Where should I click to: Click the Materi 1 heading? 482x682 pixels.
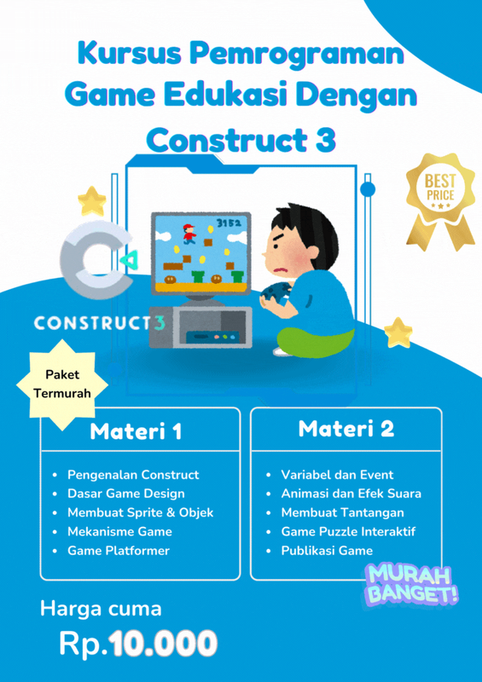136,431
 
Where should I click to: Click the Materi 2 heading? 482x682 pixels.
346,429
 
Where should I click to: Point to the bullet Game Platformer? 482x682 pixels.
119,551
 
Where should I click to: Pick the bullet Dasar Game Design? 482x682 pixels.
125,494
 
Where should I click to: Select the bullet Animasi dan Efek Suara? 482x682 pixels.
351,494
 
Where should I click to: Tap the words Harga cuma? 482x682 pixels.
101,609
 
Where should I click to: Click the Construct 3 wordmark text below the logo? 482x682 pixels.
101,323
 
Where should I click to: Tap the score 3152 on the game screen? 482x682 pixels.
228,223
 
